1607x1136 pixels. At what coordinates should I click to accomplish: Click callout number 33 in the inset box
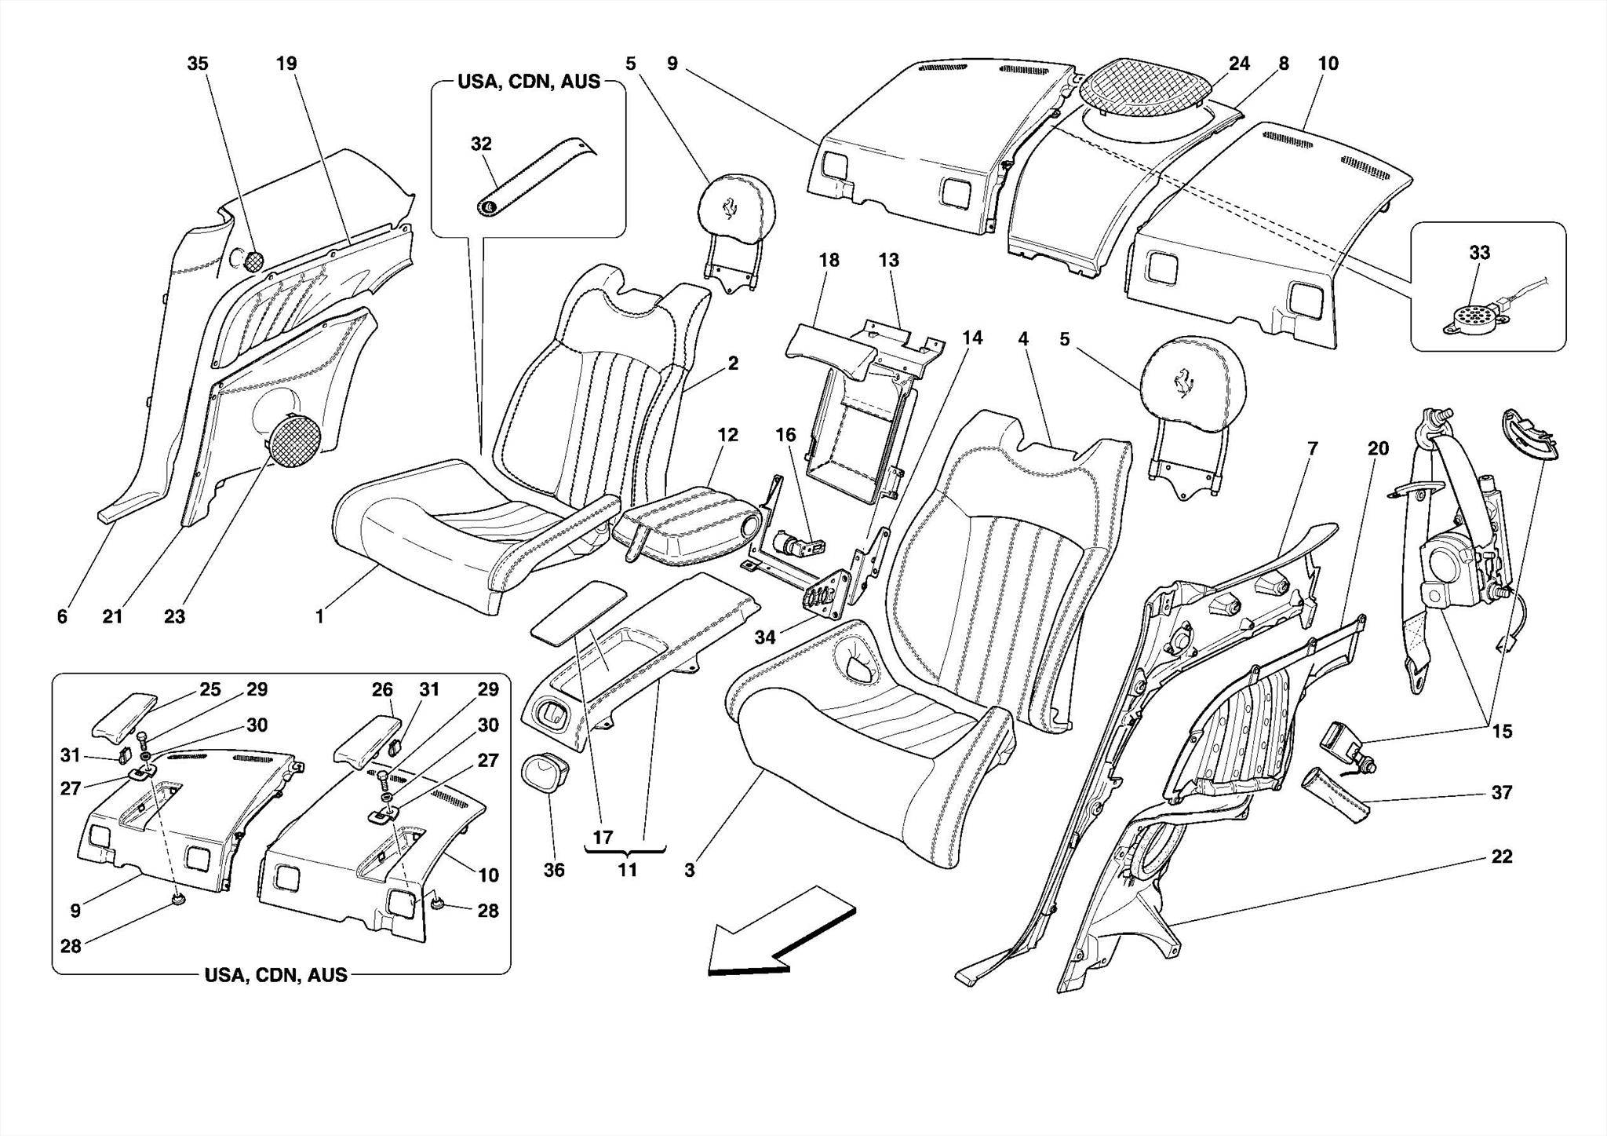click(1479, 253)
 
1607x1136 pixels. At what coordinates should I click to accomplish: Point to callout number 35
click(198, 64)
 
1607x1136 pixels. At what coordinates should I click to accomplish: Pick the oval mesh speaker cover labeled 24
click(1144, 88)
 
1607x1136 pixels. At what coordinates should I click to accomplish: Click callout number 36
click(554, 870)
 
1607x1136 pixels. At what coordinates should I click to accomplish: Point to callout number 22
click(1501, 857)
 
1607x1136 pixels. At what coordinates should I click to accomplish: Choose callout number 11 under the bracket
click(627, 870)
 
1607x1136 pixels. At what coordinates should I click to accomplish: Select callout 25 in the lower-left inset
click(210, 690)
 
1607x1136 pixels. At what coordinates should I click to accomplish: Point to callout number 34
click(765, 637)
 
